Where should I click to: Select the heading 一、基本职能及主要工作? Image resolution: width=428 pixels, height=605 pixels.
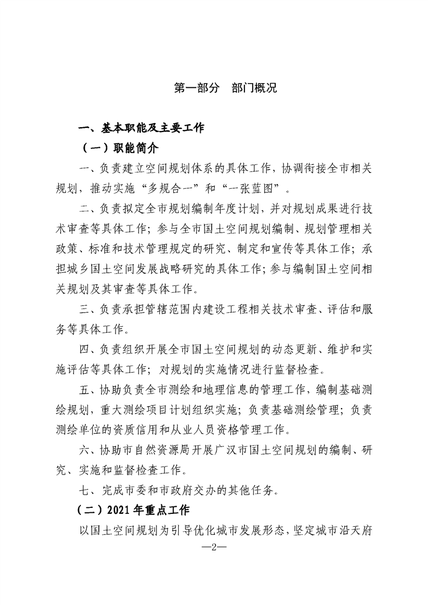tap(141, 128)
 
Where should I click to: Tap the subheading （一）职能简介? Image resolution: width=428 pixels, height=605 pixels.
tap(119, 148)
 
